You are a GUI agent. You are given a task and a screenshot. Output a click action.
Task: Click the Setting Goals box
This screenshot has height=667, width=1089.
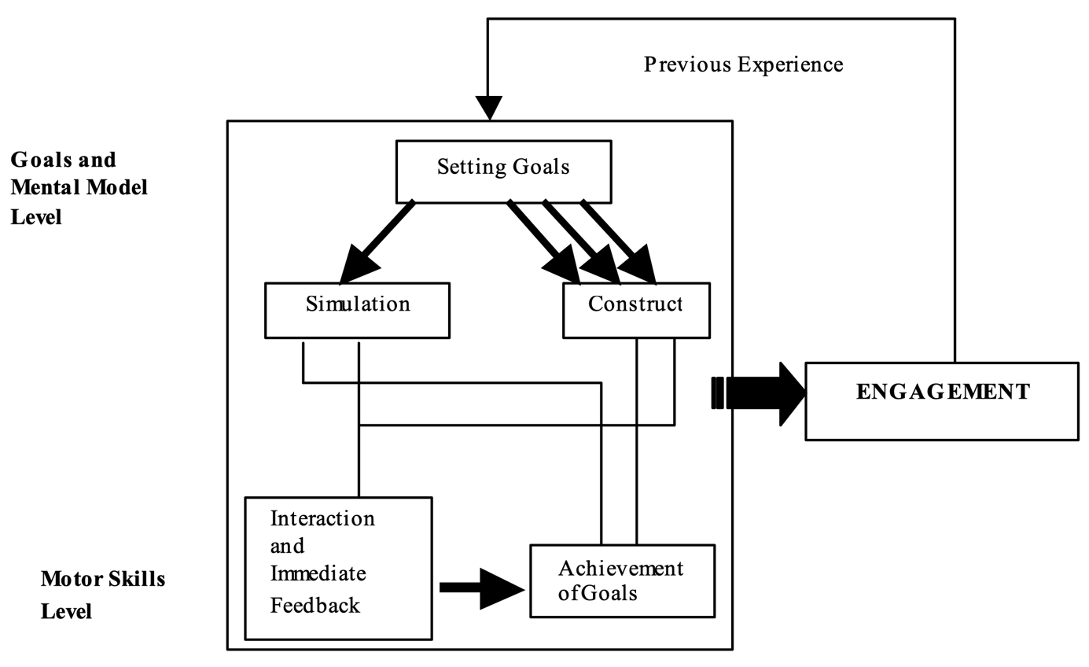(x=503, y=171)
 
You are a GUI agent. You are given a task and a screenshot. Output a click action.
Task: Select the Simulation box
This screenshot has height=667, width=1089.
(x=358, y=311)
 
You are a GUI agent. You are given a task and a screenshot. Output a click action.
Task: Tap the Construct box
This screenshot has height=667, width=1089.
(x=636, y=311)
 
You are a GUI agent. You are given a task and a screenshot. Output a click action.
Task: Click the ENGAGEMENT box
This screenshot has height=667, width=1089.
(x=942, y=401)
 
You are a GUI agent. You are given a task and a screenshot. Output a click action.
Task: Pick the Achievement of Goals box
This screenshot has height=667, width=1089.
(x=622, y=580)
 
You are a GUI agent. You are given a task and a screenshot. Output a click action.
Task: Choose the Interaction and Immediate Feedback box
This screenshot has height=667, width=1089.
(x=338, y=568)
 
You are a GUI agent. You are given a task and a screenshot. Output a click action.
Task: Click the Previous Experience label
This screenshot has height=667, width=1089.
(x=743, y=64)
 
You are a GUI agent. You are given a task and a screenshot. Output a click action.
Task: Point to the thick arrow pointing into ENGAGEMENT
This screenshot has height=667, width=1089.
(x=763, y=393)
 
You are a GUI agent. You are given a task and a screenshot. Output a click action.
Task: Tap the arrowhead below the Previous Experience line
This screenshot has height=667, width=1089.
(x=489, y=107)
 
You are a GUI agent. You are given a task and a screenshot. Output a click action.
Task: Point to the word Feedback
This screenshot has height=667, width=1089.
(x=315, y=605)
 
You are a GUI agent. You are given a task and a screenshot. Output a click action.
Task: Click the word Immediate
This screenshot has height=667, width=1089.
(x=318, y=574)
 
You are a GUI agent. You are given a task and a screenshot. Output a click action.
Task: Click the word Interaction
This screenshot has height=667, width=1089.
(x=322, y=519)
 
